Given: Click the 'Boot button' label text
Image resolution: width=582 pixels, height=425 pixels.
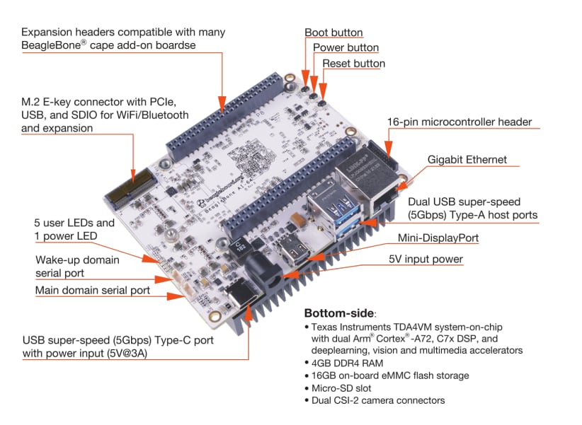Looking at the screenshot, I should point(333,33).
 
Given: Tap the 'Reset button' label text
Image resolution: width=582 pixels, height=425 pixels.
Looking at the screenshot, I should point(353,64).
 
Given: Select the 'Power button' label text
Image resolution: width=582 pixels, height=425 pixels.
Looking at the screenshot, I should point(346,48).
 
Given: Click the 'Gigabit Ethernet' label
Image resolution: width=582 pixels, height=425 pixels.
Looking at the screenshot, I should point(467,160).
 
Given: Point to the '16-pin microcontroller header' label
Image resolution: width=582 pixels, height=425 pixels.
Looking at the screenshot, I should point(459,122).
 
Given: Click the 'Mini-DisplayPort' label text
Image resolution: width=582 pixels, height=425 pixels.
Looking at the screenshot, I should point(438,238).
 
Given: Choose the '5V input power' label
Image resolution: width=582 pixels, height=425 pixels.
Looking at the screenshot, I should point(426,259).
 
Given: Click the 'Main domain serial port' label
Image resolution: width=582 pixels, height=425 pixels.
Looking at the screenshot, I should point(93,291).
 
